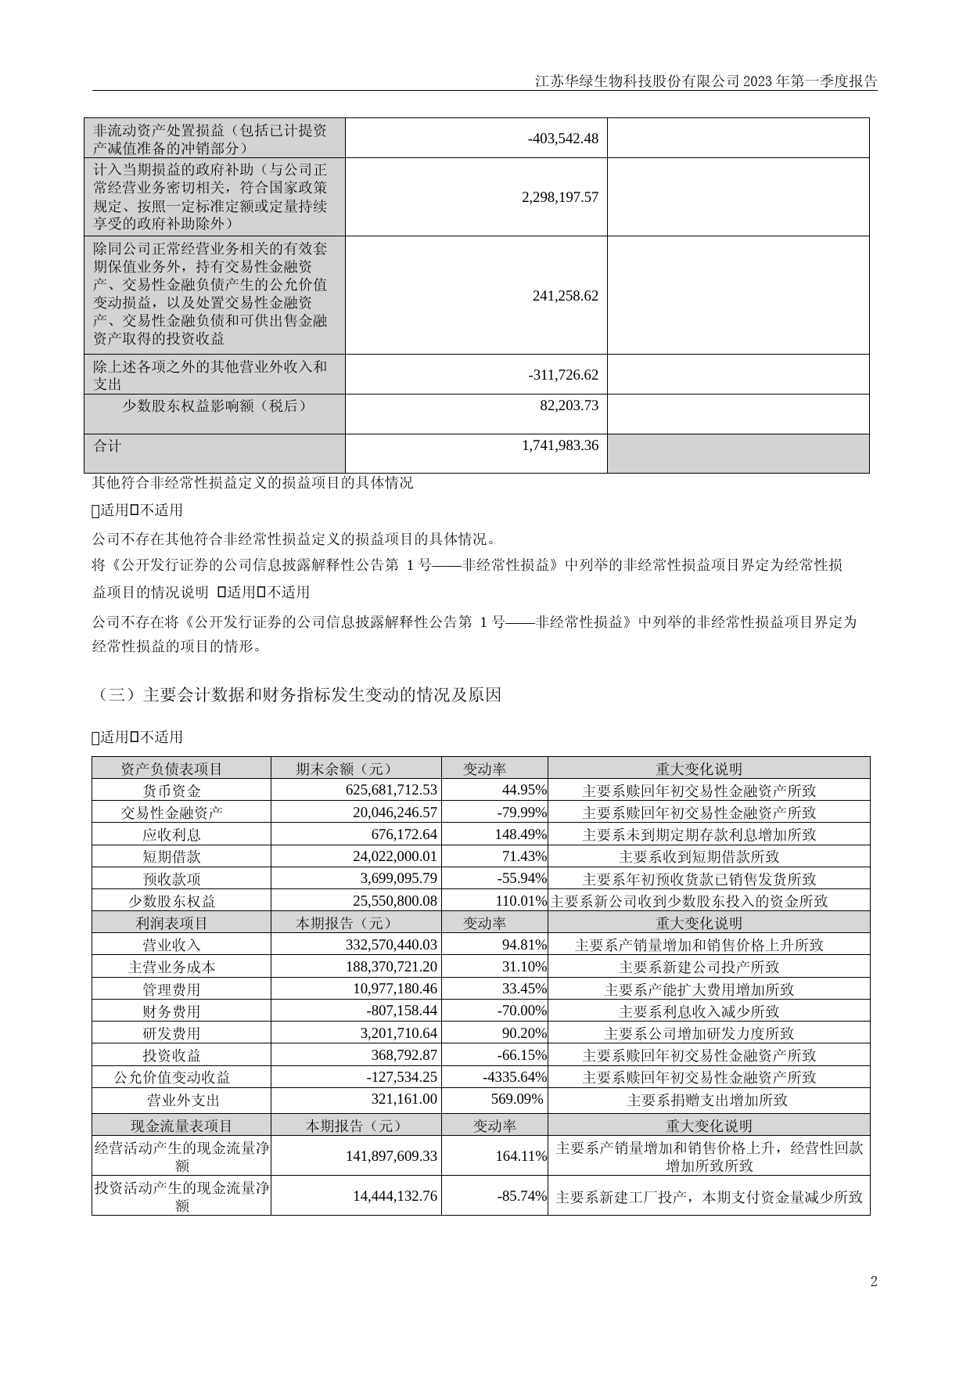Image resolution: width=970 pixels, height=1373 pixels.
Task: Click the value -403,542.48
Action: (562, 139)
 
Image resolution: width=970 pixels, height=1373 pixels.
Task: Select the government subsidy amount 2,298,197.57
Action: (559, 197)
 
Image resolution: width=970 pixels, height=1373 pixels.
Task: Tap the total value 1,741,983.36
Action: (559, 445)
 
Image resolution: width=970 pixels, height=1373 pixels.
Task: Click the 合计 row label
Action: (108, 446)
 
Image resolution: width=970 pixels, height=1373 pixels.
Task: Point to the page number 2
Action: (874, 1281)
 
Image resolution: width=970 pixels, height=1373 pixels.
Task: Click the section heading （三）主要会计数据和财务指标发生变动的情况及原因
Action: (296, 694)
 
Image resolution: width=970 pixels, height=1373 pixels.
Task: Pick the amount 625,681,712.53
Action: (391, 791)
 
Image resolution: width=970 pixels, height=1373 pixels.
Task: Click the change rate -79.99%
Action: (522, 813)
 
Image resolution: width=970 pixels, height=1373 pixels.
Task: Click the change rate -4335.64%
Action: (515, 1077)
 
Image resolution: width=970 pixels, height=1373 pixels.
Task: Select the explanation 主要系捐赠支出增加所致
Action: (707, 1100)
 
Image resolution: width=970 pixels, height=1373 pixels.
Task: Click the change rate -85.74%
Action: (522, 1196)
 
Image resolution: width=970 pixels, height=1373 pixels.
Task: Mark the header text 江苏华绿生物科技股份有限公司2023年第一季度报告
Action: (706, 81)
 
